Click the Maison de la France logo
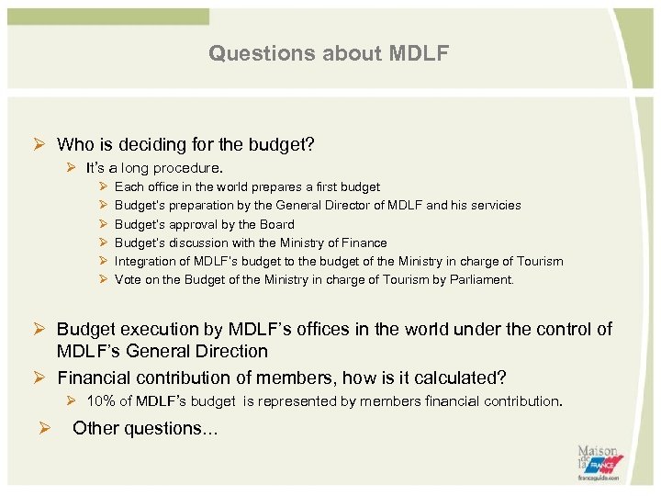point(598,462)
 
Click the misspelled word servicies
point(497,206)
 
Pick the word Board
point(276,224)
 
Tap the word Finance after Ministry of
point(364,242)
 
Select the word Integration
point(144,261)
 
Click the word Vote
point(129,279)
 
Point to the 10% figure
point(100,401)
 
